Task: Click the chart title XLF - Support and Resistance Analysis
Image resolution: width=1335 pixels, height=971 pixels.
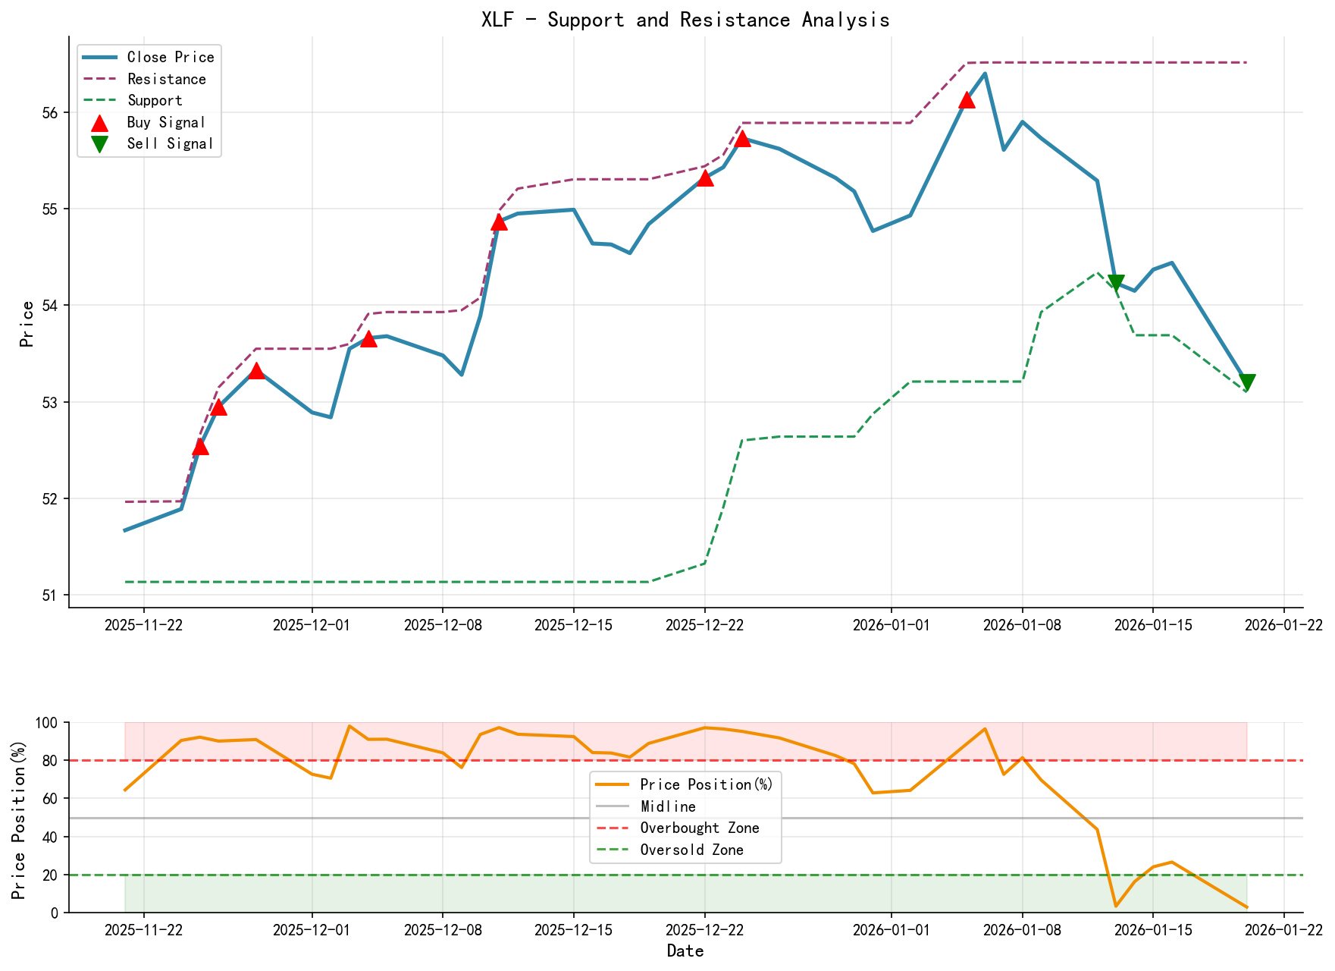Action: pyautogui.click(x=685, y=20)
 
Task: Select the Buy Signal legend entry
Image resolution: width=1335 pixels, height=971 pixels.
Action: pyautogui.click(x=166, y=122)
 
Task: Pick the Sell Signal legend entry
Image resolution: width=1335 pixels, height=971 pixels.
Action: pyautogui.click(x=170, y=143)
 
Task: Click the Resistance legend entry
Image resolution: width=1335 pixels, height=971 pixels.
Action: pyautogui.click(x=166, y=79)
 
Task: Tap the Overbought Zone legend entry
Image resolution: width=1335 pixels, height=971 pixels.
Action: pyautogui.click(x=699, y=828)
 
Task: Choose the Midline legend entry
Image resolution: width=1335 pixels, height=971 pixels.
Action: pyautogui.click(x=668, y=806)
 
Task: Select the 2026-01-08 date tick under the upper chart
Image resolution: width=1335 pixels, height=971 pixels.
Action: pyautogui.click(x=1022, y=624)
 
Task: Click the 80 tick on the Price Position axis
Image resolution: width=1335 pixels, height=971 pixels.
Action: pyautogui.click(x=49, y=761)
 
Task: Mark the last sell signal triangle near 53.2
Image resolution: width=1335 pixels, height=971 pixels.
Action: pyautogui.click(x=1246, y=382)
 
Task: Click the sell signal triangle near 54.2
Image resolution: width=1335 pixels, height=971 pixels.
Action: pyautogui.click(x=1115, y=283)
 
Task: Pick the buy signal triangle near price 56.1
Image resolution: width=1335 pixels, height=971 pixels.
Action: pyautogui.click(x=966, y=100)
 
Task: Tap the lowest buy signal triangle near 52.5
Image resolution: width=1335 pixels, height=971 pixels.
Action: pyautogui.click(x=200, y=447)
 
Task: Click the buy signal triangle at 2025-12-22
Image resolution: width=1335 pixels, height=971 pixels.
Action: pyautogui.click(x=704, y=178)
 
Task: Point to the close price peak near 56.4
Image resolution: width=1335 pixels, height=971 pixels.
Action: pyautogui.click(x=985, y=74)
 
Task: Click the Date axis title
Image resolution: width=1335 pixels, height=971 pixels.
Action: pyautogui.click(x=685, y=951)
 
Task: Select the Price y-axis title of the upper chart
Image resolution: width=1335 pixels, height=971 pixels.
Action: pyautogui.click(x=27, y=324)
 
